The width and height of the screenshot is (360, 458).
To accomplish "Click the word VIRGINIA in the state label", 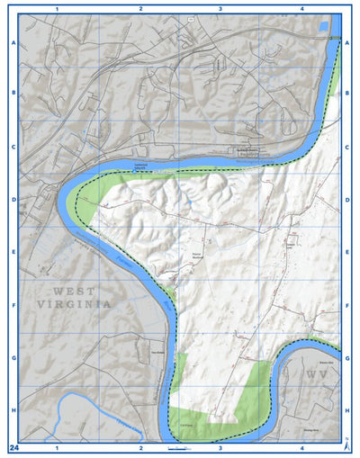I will [76, 305].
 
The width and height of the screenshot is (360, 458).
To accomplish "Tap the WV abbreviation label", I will [316, 373].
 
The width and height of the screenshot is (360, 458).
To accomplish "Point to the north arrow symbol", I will [347, 445].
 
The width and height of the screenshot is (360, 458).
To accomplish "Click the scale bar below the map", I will [177, 446].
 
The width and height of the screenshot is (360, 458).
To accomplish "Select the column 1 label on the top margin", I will [57, 8].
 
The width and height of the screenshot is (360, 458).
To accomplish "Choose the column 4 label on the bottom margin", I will [302, 446].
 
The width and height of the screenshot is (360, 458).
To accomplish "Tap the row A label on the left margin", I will [13, 42].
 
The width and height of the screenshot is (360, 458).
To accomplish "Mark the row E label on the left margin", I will [13, 253].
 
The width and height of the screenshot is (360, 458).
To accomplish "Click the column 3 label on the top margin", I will [220, 8].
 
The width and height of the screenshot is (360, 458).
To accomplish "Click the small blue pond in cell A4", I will [324, 27].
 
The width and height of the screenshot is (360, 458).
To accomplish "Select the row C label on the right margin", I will [347, 148].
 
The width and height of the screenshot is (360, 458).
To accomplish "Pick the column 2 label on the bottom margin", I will [140, 446].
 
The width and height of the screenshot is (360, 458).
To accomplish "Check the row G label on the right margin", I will [347, 358].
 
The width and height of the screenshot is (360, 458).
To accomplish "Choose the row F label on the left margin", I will [13, 306].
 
